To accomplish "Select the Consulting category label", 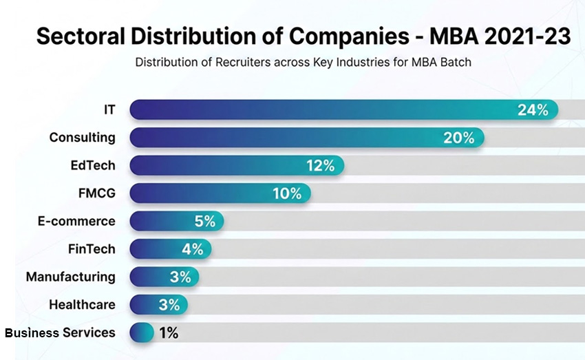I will (x=82, y=138).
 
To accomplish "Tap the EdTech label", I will (x=93, y=165).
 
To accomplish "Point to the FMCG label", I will (x=96, y=193).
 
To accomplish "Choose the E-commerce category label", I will (x=76, y=221).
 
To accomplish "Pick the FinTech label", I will (x=92, y=249).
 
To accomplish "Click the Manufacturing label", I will (x=71, y=277).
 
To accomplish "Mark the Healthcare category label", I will (x=82, y=304).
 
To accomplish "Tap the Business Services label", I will (x=60, y=332).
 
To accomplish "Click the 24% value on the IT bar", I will (x=533, y=109).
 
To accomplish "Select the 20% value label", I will (x=459, y=138).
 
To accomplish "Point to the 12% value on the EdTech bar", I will (x=319, y=165).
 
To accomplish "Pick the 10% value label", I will (x=287, y=193).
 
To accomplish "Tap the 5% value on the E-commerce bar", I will (x=204, y=221).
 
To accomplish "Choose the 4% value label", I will (x=192, y=249).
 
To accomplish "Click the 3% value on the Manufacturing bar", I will (x=180, y=277).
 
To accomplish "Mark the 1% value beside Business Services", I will (x=168, y=332).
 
